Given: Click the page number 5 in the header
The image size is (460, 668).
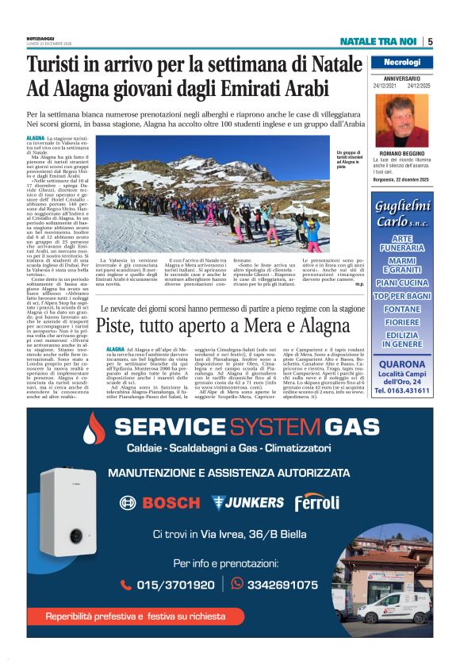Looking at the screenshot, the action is tap(430, 42).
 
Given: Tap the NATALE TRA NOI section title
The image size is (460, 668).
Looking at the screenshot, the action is tap(378, 42).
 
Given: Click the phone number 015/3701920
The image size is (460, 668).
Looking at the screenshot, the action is tap(170, 585).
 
